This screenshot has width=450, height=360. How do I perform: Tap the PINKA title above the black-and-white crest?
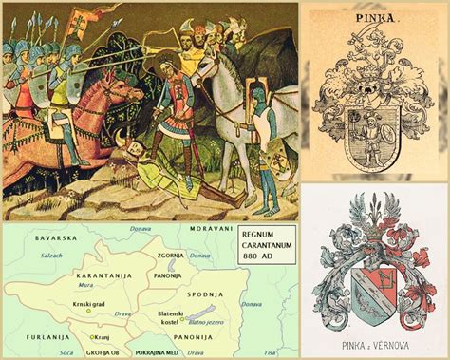point(372,17)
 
